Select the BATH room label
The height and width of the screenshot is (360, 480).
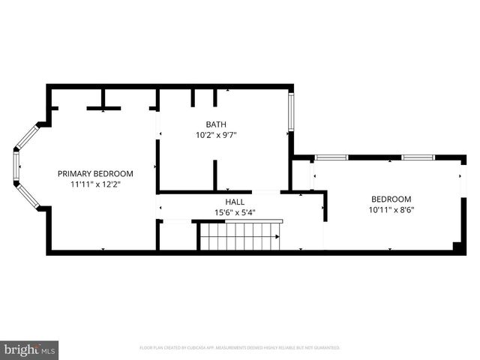216,124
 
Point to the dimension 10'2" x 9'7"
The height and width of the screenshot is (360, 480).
216,135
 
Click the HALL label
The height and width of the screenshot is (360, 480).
235,202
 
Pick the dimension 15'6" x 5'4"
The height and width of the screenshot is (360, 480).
235,212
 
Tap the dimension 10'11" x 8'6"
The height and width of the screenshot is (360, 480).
391,210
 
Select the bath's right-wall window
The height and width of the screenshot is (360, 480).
291,112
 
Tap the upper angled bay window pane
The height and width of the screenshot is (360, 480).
28,136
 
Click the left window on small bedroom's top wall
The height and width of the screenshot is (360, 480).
331,157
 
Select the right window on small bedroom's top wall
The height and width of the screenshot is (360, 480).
418,157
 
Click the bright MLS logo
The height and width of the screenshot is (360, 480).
30,349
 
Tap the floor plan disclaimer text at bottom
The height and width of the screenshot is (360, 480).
240,348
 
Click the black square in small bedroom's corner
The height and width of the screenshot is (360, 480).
457,246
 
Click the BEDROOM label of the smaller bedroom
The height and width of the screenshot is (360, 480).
391,199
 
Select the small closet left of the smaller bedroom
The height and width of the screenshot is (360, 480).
301,175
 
